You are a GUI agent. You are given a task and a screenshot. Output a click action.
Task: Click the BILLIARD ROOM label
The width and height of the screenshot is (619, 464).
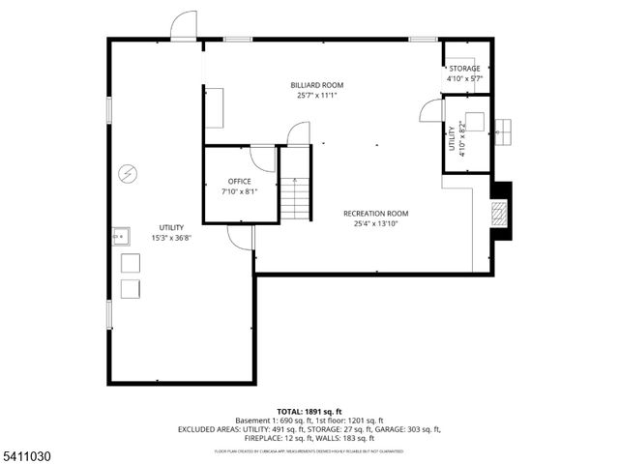tap(317, 85)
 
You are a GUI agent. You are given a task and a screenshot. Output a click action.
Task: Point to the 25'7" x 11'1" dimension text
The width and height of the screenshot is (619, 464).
tap(317, 95)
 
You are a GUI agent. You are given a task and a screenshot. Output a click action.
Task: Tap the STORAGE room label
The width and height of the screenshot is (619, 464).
tap(464, 69)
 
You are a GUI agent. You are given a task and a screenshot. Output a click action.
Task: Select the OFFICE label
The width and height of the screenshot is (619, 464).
tap(239, 182)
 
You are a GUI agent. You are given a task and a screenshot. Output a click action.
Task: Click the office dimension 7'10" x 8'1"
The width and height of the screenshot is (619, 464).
tap(239, 191)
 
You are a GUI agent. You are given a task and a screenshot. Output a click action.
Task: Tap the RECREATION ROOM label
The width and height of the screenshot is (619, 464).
tap(375, 214)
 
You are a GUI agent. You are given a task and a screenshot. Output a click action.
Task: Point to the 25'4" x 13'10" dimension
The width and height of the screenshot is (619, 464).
tap(375, 223)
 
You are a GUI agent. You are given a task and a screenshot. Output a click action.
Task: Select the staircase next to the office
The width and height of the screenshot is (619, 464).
tap(296, 199)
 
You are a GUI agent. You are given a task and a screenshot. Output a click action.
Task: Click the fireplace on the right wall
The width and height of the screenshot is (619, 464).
tap(499, 213)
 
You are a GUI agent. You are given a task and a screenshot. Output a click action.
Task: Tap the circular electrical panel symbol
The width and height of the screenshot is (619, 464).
tap(127, 174)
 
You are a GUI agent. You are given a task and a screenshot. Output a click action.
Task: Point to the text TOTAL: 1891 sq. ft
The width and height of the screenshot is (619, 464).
tap(309, 411)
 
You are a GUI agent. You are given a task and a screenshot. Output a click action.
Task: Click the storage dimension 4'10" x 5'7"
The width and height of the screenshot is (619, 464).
tap(464, 78)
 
